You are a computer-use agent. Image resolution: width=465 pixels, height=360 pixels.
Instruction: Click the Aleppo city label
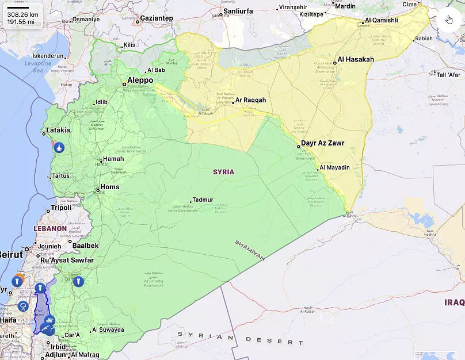click(140, 81)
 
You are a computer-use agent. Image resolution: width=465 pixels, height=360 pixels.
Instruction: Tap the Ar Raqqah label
click(250, 100)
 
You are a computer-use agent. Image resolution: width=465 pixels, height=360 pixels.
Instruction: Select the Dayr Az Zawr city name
click(323, 143)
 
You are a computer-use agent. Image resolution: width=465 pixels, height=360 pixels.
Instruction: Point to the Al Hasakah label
click(356, 59)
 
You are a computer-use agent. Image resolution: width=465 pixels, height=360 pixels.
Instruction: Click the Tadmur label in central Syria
click(203, 200)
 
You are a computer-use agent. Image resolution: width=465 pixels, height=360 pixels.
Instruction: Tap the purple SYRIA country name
click(223, 172)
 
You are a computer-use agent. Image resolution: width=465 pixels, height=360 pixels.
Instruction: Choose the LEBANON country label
click(50, 228)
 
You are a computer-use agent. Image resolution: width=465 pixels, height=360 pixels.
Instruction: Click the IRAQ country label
click(454, 302)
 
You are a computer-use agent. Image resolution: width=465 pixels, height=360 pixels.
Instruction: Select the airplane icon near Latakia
click(59, 148)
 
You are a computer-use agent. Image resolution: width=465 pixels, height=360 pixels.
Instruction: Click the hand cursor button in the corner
click(449, 20)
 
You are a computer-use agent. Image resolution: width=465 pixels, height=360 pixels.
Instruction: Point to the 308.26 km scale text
click(23, 14)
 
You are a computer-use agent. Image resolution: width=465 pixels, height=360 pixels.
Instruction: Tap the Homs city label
click(110, 187)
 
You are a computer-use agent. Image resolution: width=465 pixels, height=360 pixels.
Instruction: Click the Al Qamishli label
click(381, 20)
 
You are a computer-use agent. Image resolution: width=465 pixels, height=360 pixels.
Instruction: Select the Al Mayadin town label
click(334, 167)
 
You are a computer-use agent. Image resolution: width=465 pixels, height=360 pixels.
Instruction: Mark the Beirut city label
click(10, 254)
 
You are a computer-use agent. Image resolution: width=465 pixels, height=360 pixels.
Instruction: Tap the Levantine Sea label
click(37, 66)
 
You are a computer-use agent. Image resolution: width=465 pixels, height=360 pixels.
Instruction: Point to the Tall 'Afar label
click(448, 75)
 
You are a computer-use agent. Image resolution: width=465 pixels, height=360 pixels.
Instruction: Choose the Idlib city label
click(101, 102)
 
